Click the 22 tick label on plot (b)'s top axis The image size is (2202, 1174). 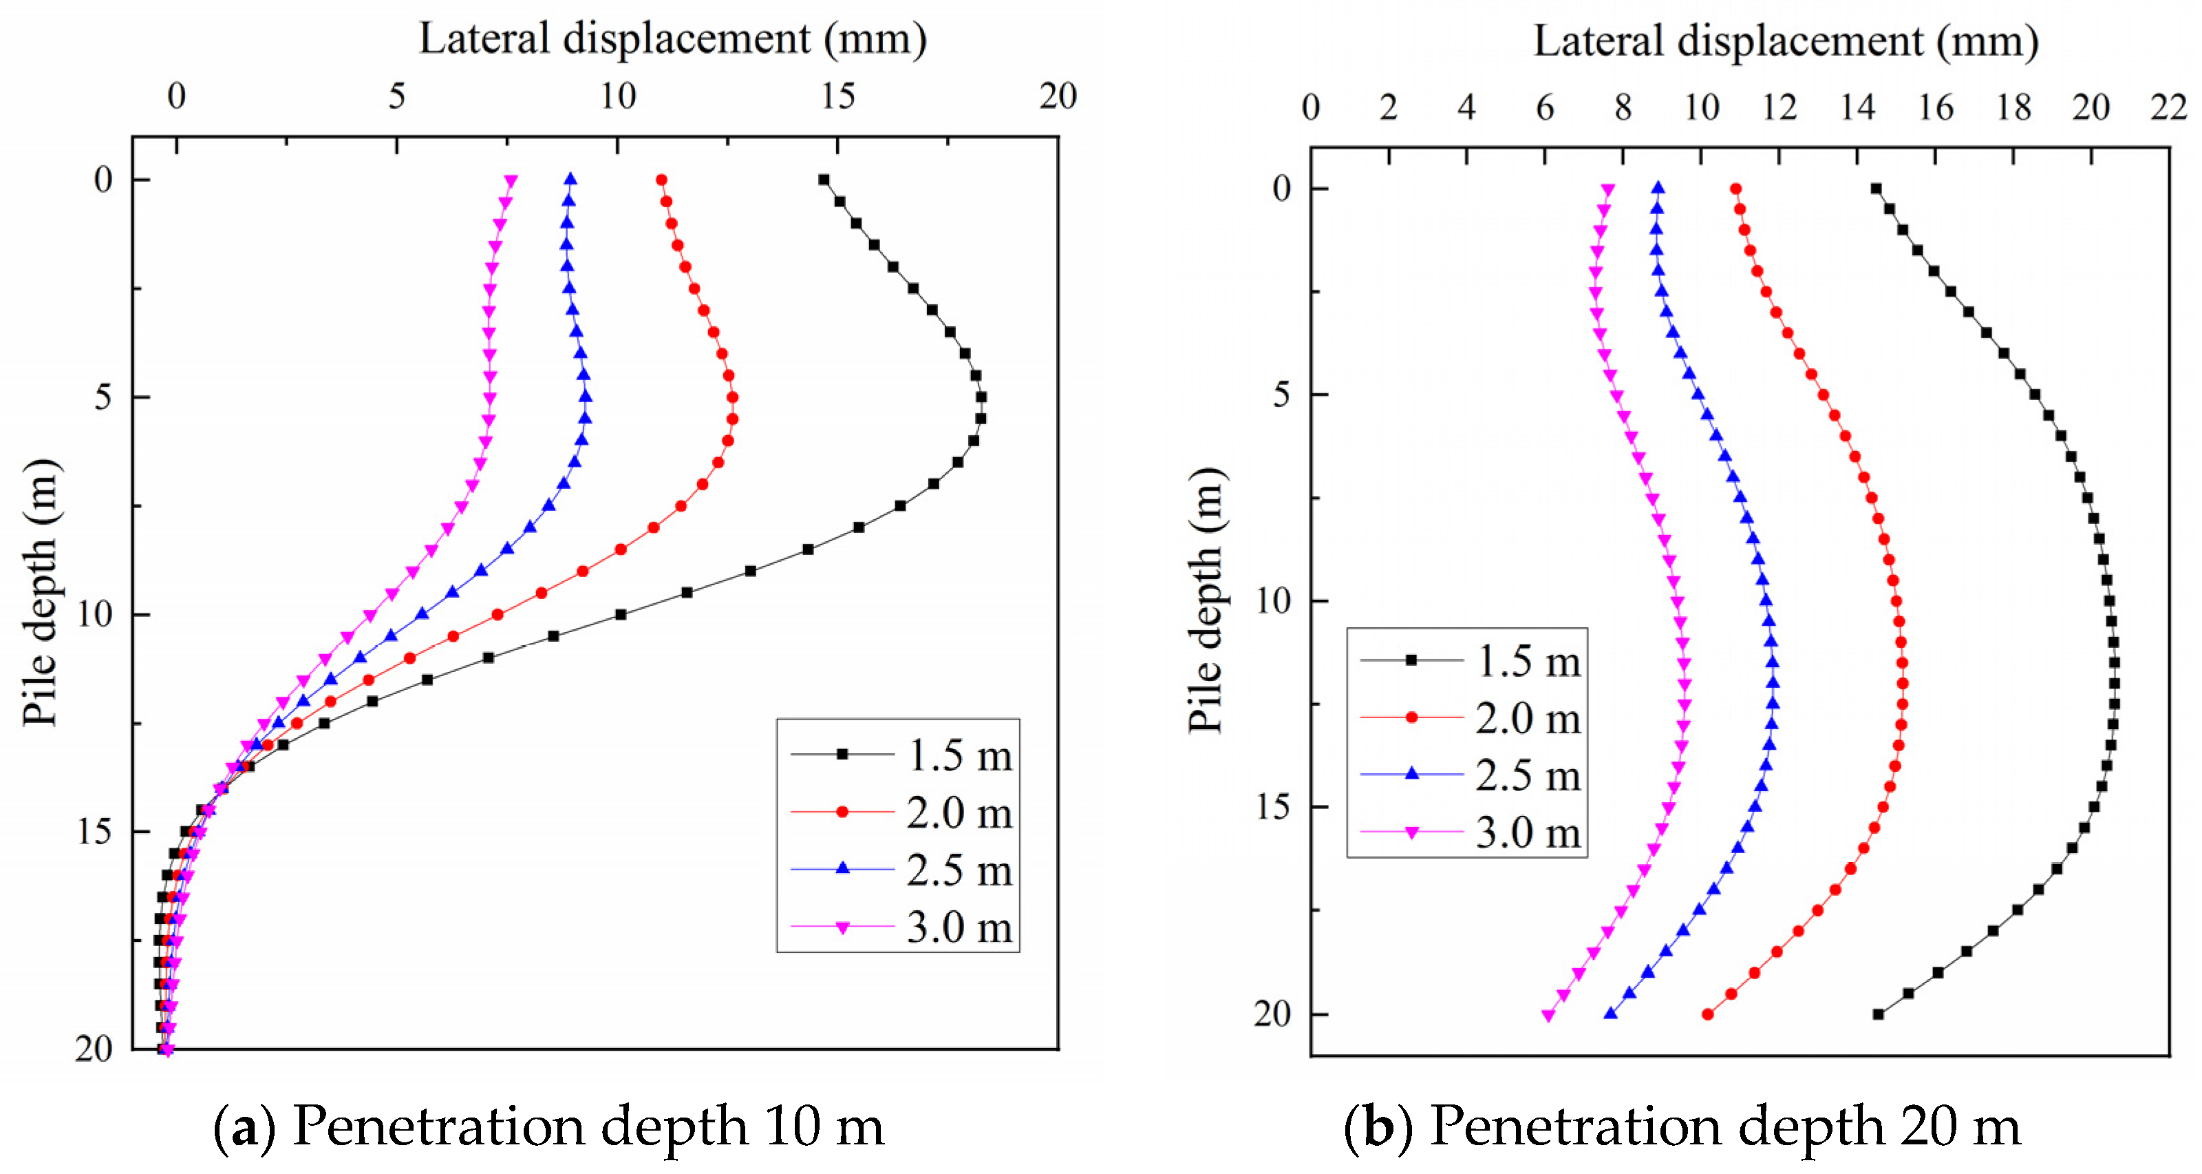click(2169, 107)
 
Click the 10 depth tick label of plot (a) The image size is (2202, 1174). click(94, 614)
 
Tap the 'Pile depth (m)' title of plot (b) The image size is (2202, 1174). click(1206, 600)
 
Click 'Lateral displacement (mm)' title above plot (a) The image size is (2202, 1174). click(673, 39)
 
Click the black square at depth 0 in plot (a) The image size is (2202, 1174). click(823, 180)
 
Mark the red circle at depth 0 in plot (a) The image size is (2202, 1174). click(661, 180)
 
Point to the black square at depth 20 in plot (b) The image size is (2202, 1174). click(1878, 1014)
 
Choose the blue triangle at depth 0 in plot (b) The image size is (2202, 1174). click(1658, 188)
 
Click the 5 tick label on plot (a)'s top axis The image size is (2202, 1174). click(396, 96)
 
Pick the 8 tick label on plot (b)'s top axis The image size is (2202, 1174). click(1623, 107)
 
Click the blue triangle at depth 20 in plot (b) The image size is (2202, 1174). click(1610, 1014)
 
